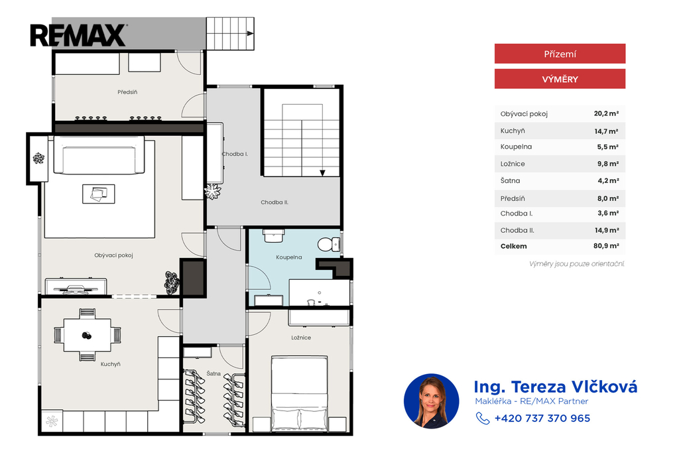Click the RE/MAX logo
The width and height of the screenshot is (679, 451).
[78, 36]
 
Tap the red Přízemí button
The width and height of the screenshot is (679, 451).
[560, 54]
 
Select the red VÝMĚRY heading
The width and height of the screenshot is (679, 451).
[560, 79]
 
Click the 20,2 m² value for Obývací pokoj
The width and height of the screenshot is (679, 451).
[606, 113]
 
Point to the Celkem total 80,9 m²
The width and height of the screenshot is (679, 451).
[606, 246]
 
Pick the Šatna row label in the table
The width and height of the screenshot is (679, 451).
[510, 180]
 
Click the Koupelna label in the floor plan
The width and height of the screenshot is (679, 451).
[289, 257]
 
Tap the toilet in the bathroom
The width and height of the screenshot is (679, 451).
[329, 245]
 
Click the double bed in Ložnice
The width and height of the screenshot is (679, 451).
[299, 393]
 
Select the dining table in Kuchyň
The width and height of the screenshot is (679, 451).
[87, 335]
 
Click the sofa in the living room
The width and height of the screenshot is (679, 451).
[99, 155]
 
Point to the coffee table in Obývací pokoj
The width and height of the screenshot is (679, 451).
[99, 194]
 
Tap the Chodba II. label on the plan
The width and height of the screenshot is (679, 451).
[275, 202]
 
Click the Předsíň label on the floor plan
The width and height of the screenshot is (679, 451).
[127, 92]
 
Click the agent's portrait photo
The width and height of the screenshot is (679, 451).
[431, 401]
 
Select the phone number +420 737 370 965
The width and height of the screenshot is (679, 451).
[542, 419]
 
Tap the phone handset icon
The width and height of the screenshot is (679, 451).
[483, 418]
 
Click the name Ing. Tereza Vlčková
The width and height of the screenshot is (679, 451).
[556, 387]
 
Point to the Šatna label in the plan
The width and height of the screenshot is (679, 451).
[214, 373]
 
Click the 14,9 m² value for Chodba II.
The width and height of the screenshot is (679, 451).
[607, 231]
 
